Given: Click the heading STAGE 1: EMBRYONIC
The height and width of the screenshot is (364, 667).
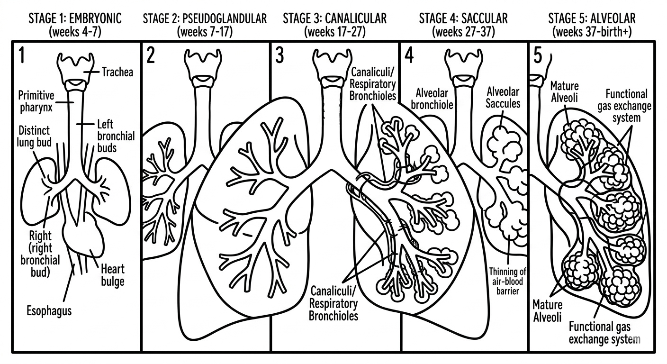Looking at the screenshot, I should click(x=75, y=19).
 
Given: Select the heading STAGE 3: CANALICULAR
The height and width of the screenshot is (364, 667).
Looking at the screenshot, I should click(x=334, y=19).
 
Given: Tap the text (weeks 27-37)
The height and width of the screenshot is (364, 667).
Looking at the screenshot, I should click(x=463, y=32).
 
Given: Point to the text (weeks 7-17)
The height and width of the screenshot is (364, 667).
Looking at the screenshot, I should click(x=204, y=32).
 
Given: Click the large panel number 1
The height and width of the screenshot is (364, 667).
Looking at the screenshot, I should click(x=21, y=55).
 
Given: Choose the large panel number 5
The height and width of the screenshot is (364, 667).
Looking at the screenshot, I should click(x=538, y=55).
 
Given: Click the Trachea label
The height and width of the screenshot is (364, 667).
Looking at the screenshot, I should click(x=117, y=73).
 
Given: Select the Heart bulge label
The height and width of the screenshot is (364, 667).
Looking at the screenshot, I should click(x=113, y=275).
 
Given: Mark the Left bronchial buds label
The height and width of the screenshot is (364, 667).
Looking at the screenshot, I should click(x=116, y=136).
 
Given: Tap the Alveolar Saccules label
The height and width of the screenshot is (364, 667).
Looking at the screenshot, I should click(x=503, y=97).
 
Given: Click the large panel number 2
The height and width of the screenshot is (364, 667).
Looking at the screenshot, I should click(x=151, y=55).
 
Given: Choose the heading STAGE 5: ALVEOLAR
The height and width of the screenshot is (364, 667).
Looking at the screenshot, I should click(x=592, y=19).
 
